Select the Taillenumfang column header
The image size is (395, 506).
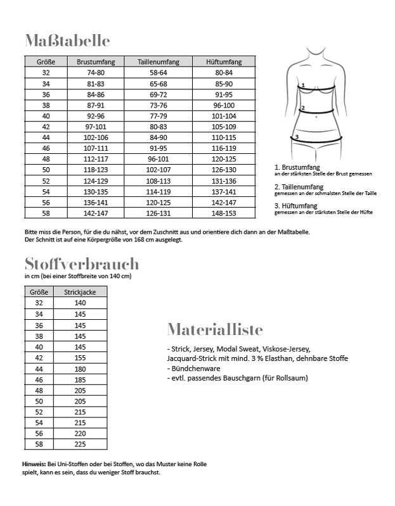pyautogui.click(x=159, y=62)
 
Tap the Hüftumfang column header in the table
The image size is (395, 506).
pyautogui.click(x=224, y=62)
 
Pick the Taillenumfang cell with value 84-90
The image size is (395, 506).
pyautogui.click(x=159, y=137)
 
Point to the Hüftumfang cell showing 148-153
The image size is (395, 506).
pyautogui.click(x=224, y=213)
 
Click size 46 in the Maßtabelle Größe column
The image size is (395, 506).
pyautogui.click(x=46, y=148)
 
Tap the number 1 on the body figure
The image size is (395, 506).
pyautogui.click(x=303, y=85)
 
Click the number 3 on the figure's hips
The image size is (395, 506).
pyautogui.click(x=296, y=136)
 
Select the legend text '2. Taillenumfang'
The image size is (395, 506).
pyautogui.click(x=299, y=187)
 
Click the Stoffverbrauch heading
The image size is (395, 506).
pyautogui.click(x=81, y=263)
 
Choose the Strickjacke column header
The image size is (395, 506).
pyautogui.click(x=80, y=292)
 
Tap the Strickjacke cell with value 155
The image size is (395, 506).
pyautogui.click(x=80, y=357)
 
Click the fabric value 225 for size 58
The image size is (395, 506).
pyautogui.click(x=80, y=443)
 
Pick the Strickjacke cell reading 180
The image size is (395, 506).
pyautogui.click(x=80, y=367)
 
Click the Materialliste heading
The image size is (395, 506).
pyautogui.click(x=215, y=330)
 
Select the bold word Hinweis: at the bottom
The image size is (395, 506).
pyautogui.click(x=34, y=464)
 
